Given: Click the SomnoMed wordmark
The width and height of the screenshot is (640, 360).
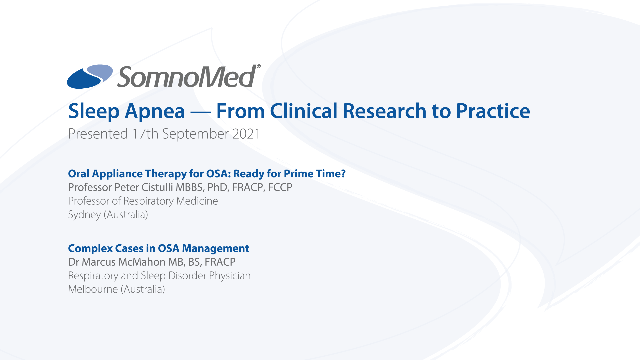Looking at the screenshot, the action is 187,76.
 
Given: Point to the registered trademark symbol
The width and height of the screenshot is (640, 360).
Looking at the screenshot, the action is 259,66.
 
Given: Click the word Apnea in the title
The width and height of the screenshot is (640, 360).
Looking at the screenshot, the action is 155,111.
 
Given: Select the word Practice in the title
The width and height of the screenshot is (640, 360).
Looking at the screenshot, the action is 493,111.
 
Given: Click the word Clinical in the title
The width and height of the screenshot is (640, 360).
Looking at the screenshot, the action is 304,111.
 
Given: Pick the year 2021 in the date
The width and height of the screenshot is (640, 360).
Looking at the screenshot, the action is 246,134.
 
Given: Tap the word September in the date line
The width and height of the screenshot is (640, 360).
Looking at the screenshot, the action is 195,134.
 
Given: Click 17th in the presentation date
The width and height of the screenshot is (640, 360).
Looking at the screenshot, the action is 145,134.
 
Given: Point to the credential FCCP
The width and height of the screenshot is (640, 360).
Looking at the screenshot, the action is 280,187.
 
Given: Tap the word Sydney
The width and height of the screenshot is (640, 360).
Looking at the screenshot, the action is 84,215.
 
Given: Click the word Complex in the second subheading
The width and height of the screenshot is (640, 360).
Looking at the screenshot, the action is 90,249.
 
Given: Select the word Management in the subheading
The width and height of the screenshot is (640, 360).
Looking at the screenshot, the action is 215,249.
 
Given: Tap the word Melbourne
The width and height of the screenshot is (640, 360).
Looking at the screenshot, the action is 93,289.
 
